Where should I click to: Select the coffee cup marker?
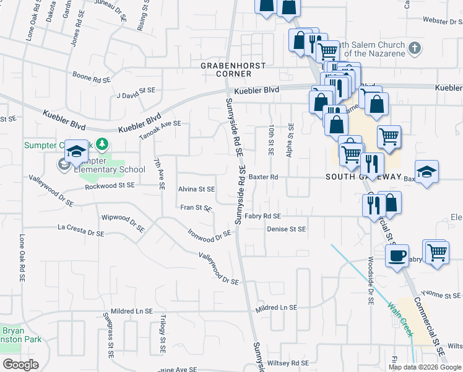pos(396,255)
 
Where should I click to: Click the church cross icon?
pos(415,47)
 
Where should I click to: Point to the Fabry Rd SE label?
pos(262,216)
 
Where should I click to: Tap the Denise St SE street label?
pos(287,229)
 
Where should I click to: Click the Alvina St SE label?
pos(196,189)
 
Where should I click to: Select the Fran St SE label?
pos(196,208)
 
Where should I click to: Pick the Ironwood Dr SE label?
pos(210,235)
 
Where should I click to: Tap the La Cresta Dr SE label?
pos(81,231)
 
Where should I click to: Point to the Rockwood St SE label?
pos(110,185)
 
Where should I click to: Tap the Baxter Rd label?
pos(264,177)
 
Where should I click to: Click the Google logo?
pos(20,365)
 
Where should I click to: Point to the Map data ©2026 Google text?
pos(425,367)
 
